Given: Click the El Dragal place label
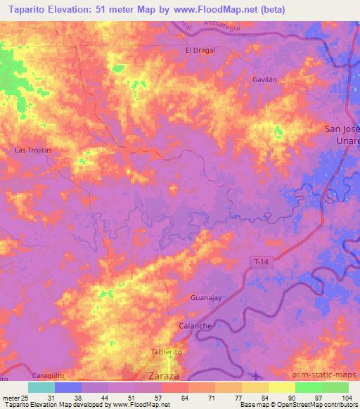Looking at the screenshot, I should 200,51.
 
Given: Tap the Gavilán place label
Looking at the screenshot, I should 266,80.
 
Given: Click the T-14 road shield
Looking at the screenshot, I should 261,262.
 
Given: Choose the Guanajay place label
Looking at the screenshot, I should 206,299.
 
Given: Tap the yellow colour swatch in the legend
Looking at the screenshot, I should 282,387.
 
